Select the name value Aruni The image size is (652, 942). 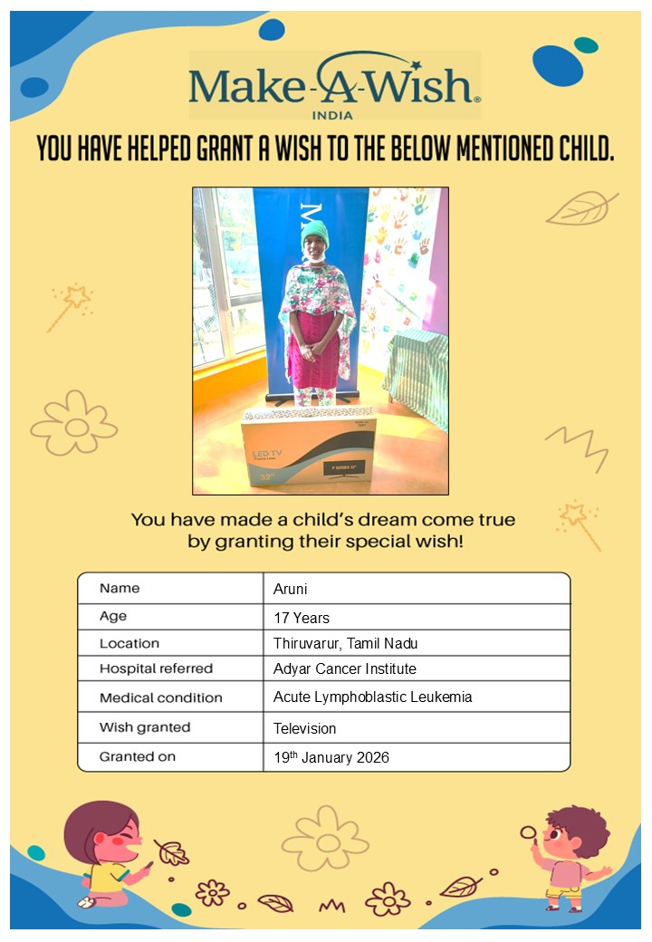[292, 589]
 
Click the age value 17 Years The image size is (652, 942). [302, 618]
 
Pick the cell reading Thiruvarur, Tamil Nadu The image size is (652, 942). [345, 644]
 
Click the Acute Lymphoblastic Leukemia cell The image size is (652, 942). [372, 697]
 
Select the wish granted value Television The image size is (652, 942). [305, 728]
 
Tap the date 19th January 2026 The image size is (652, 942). [331, 757]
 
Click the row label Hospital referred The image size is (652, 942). [156, 669]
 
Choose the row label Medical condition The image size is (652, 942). [160, 698]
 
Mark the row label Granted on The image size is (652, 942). [138, 756]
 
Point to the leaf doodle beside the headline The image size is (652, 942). [581, 208]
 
